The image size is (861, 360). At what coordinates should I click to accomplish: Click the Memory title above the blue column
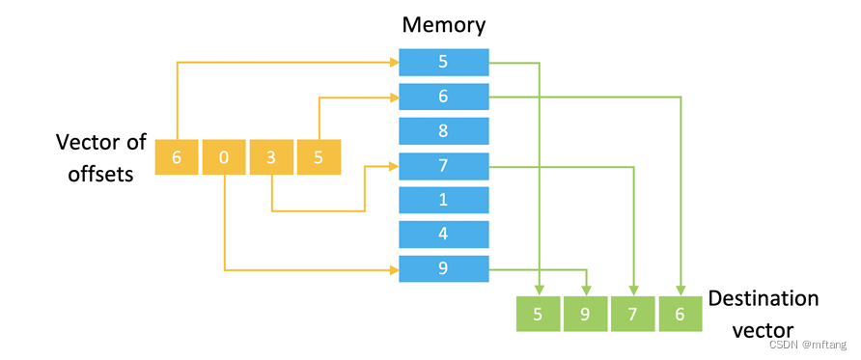(x=443, y=25)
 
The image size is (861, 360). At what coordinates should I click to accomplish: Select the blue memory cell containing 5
(x=444, y=63)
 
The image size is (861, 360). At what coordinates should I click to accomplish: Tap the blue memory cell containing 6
(x=444, y=97)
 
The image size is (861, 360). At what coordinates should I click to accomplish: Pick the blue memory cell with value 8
(x=444, y=131)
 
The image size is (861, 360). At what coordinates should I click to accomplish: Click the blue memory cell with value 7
(x=444, y=166)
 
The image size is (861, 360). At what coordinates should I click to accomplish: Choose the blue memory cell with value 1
(x=444, y=200)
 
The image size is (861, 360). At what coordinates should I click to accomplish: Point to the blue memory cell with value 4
(x=444, y=235)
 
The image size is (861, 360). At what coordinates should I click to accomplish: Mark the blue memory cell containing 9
(x=444, y=269)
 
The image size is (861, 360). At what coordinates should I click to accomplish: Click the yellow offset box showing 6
(x=177, y=157)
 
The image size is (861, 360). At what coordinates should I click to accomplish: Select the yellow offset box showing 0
(x=224, y=157)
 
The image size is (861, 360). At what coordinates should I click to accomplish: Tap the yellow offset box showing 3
(x=272, y=157)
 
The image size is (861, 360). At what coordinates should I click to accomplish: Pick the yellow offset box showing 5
(x=319, y=157)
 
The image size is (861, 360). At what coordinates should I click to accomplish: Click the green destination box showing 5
(x=539, y=314)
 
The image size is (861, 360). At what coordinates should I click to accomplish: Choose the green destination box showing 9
(x=586, y=314)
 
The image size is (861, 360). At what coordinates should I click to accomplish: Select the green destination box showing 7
(x=634, y=314)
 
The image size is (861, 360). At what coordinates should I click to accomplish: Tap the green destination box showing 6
(x=681, y=314)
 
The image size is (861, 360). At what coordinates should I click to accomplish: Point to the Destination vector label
(x=763, y=314)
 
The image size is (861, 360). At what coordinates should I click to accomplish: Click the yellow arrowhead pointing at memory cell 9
(x=394, y=269)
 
